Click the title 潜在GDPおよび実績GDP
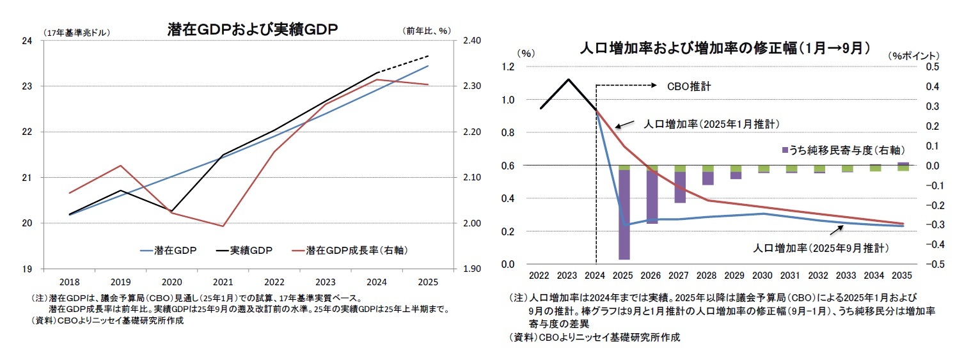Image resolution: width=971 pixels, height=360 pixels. pyautogui.click(x=252, y=29)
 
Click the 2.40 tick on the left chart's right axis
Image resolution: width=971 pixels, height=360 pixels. pyautogui.click(x=470, y=41)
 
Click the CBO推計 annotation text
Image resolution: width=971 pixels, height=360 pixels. pyautogui.click(x=689, y=86)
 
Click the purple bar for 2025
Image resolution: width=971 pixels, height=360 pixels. pyautogui.click(x=624, y=214)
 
